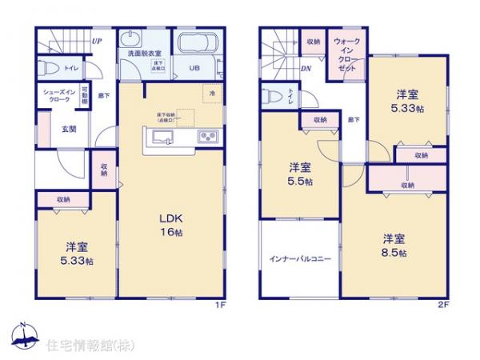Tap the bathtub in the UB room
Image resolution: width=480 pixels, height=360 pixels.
tap(196, 44)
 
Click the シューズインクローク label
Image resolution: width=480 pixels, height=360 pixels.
tap(53, 95)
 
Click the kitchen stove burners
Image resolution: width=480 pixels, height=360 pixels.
tap(206, 137)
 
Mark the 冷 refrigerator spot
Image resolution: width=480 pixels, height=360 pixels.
tap(211, 92)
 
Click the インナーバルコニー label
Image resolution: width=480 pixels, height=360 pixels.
tap(300, 259)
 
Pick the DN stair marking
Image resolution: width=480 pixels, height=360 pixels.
tap(305, 69)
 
